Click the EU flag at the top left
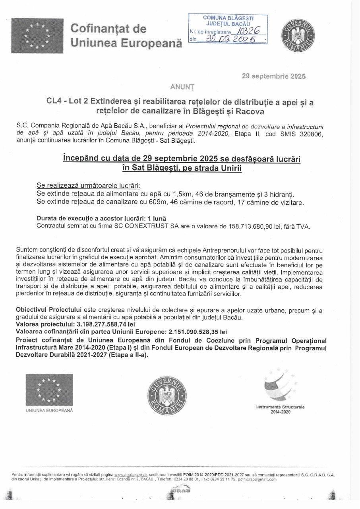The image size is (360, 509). pos(37,35)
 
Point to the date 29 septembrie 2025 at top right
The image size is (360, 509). pos(274,76)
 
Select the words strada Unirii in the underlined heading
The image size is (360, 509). pos(221,168)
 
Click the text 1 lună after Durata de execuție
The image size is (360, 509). pos(157,219)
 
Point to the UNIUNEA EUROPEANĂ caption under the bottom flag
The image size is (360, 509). pos(49,410)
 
